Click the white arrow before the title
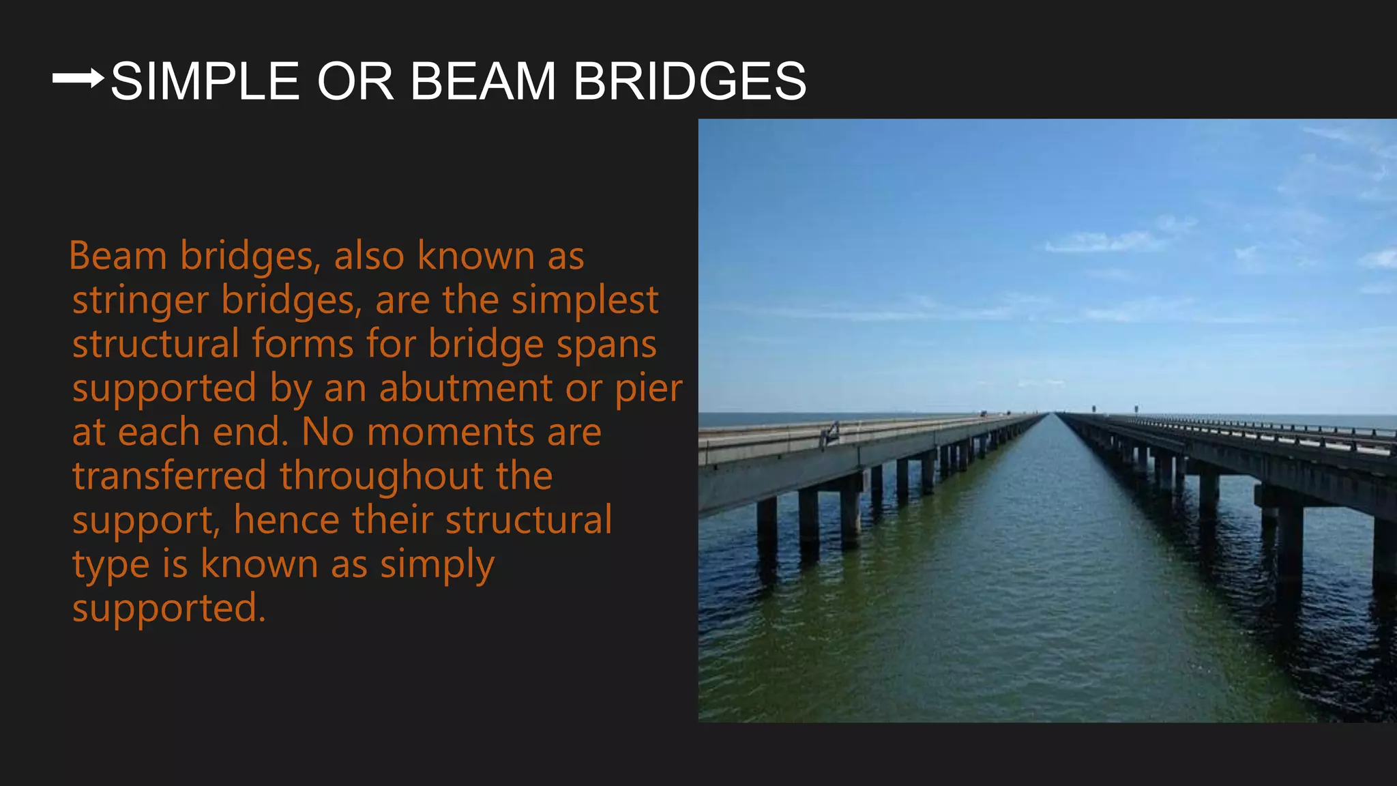(x=78, y=78)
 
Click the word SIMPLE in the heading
(x=205, y=82)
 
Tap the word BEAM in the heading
(x=483, y=82)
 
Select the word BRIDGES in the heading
(x=690, y=82)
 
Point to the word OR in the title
(x=355, y=82)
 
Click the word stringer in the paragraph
(x=140, y=301)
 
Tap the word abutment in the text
(x=466, y=389)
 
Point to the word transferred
(x=169, y=476)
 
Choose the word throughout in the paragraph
(x=382, y=476)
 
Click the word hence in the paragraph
(x=286, y=521)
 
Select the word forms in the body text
(x=302, y=345)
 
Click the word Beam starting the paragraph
(x=118, y=257)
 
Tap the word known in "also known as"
(x=475, y=257)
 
